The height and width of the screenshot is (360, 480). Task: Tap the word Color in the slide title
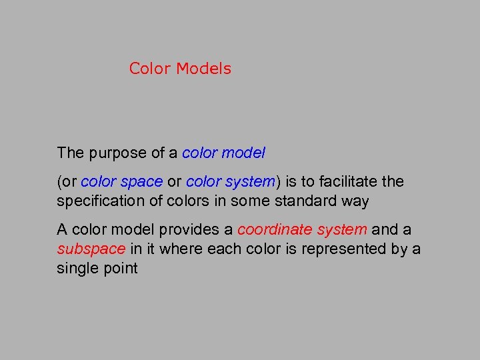coord(150,69)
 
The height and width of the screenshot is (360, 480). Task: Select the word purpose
coord(111,153)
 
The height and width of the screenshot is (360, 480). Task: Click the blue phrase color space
coord(122,182)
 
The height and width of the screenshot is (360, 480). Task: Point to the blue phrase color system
coord(230,182)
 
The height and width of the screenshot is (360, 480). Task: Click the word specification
coord(99,201)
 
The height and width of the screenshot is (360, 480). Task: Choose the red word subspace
coord(91,249)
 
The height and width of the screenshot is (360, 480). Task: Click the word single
coord(75,269)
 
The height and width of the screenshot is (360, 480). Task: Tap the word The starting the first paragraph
coord(71,153)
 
